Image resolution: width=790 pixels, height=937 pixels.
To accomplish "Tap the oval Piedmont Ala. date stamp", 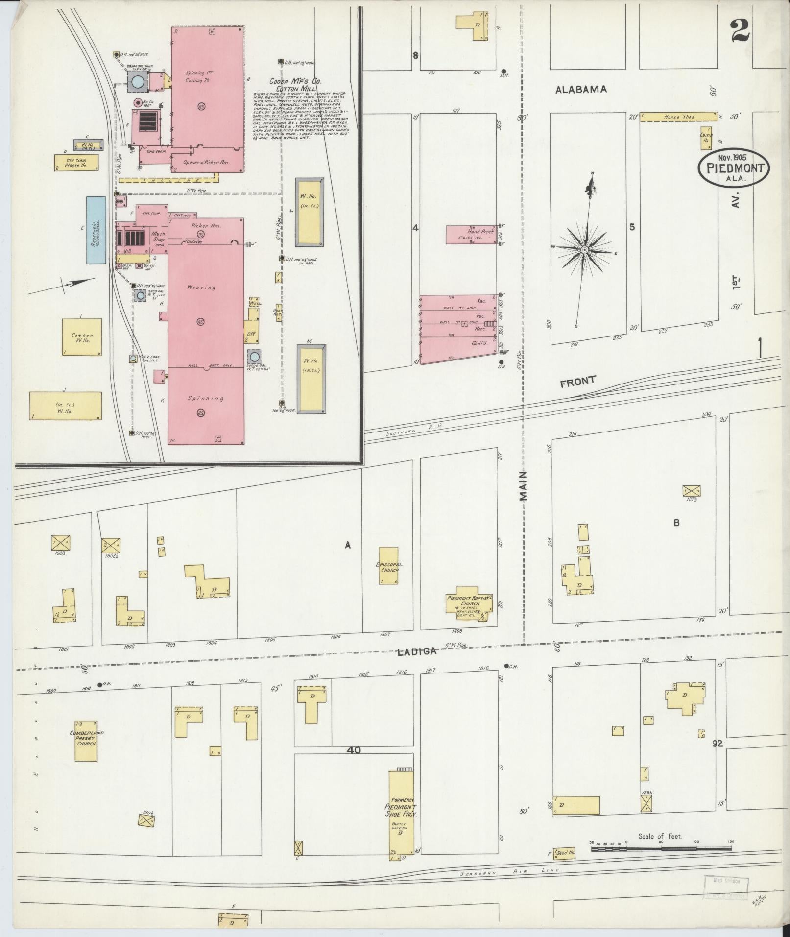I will point(733,168).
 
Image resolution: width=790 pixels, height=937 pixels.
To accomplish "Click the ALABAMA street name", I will point(581,89).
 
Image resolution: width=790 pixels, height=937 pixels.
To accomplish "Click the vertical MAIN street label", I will point(524,485).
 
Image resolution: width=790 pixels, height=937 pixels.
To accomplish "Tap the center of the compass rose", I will point(584,250).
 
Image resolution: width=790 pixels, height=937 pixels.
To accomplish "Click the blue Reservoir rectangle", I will point(96,230).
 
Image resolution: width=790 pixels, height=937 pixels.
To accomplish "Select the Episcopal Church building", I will point(388,566).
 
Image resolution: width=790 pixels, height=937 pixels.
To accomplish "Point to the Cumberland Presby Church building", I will point(86,741).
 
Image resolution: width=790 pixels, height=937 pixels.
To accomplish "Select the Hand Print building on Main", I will point(472,235).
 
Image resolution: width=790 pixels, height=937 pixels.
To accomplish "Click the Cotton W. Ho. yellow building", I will point(82,337).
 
